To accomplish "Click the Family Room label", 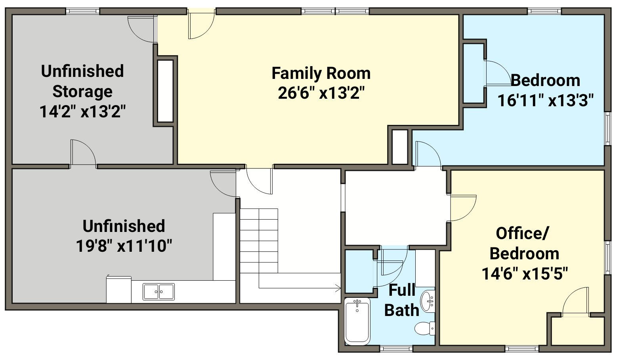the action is click(x=321, y=73).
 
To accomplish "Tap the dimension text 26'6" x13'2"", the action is click(x=321, y=93).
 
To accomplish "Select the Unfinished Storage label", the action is click(x=82, y=81).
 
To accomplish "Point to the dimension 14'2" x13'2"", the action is click(x=82, y=111).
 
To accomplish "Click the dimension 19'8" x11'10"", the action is click(x=124, y=245).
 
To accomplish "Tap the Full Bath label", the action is click(x=402, y=300).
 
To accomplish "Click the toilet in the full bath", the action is click(x=425, y=328).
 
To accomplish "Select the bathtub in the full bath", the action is click(x=357, y=321).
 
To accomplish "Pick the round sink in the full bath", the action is click(x=428, y=302).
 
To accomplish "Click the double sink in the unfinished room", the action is click(x=158, y=291).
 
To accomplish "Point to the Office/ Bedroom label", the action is click(x=524, y=243).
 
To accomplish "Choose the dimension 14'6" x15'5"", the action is click(x=525, y=274).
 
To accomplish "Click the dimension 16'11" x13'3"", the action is click(x=545, y=100).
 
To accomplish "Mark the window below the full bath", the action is click(x=396, y=349).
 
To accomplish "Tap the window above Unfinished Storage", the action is click(x=83, y=11).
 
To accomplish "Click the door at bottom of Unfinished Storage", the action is click(x=83, y=152).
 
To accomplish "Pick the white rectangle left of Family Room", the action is click(x=165, y=91).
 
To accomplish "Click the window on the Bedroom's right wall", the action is click(x=607, y=129).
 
